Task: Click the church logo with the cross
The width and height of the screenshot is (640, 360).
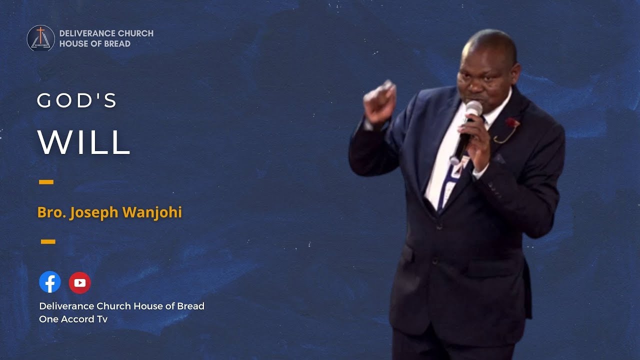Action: (41, 38)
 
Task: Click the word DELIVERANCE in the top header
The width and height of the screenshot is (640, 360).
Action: (86, 33)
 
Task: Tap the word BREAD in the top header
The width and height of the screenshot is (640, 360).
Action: (118, 44)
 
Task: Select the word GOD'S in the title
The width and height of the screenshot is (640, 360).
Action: (77, 101)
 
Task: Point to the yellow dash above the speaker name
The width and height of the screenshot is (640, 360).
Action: (46, 182)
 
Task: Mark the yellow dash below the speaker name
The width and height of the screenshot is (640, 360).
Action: (48, 242)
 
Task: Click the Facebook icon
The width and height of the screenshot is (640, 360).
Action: (50, 282)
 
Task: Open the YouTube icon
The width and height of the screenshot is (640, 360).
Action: (80, 283)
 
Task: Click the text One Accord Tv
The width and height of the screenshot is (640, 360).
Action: (73, 319)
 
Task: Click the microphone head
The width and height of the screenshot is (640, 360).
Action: (473, 109)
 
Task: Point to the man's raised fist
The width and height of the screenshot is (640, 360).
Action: (379, 101)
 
